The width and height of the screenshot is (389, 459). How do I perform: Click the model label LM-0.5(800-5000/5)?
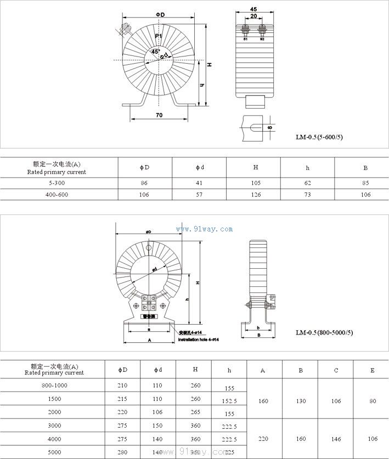pos(324,332)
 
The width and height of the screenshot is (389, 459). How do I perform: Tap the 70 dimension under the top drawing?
pos(159,115)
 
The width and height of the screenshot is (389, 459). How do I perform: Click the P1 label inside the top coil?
pos(158,36)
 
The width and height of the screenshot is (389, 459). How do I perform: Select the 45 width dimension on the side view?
pos(253,9)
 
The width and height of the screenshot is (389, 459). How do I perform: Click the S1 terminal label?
pos(245,39)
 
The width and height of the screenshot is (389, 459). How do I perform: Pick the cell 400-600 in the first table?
pos(57,195)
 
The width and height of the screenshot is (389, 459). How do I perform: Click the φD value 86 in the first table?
pos(145,183)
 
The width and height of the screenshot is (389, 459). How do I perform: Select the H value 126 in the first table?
pos(256,195)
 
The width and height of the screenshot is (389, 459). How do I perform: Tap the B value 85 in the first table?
pos(365,183)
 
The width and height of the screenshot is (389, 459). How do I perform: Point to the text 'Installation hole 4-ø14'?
pos(198,340)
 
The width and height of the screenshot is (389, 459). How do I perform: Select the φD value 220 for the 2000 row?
pos(122,412)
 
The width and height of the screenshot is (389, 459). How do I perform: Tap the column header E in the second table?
pos(373,371)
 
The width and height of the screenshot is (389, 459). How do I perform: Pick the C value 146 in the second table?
pos(336,439)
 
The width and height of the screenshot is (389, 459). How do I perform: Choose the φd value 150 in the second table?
pos(157,426)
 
